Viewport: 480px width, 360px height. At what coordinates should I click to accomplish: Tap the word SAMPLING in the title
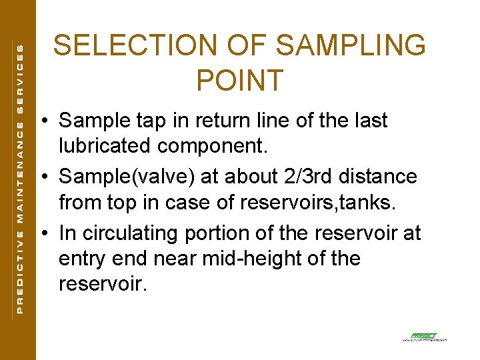click(350, 46)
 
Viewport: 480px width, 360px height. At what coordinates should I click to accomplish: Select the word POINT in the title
click(240, 80)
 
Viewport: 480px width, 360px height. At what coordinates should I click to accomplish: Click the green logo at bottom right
click(424, 337)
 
